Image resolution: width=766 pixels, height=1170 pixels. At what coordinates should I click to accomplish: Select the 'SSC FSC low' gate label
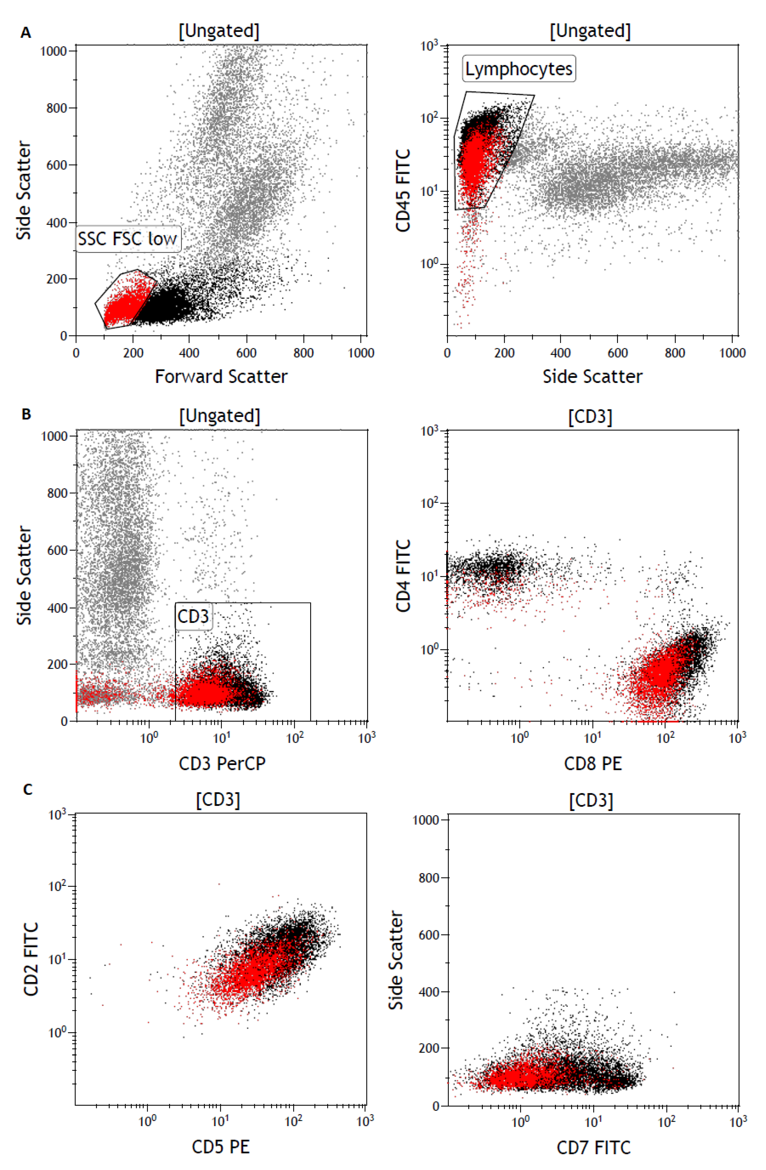[128, 239]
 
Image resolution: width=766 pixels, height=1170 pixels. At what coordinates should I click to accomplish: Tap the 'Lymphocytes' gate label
[519, 69]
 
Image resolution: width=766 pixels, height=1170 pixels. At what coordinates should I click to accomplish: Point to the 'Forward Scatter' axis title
[221, 377]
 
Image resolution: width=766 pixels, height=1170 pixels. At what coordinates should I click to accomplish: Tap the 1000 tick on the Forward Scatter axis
[361, 353]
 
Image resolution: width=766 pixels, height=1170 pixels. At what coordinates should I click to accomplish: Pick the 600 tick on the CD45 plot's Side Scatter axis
[618, 353]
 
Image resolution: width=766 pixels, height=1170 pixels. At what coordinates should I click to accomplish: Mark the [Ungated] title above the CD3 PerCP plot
[219, 416]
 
